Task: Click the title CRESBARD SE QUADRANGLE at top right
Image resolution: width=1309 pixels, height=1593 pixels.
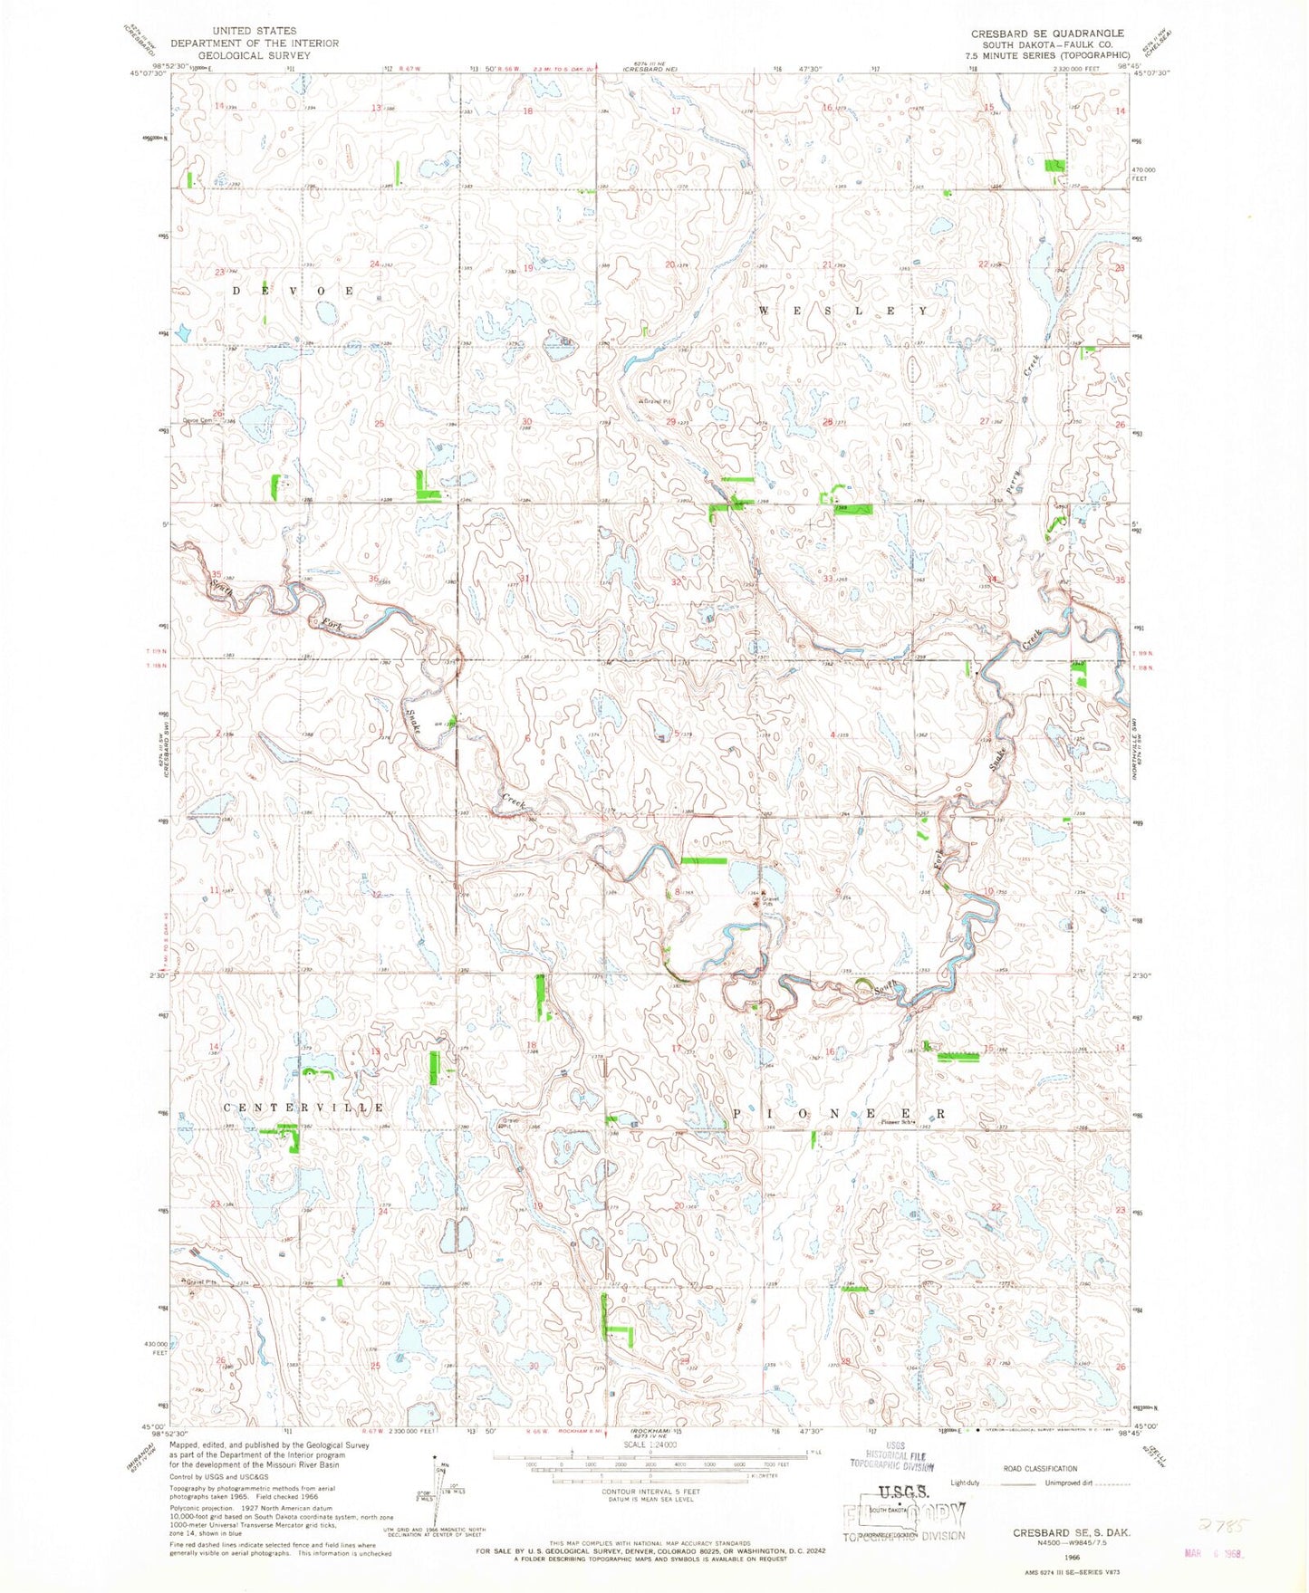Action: click(1047, 34)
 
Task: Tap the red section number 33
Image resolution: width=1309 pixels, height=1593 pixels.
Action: click(826, 579)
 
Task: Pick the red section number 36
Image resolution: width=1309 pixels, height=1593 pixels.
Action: click(373, 579)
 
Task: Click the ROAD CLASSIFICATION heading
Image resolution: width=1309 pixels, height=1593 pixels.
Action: click(1039, 1468)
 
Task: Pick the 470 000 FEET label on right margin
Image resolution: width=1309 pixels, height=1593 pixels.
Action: click(1147, 174)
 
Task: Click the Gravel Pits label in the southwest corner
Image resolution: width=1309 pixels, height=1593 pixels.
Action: click(204, 1281)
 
